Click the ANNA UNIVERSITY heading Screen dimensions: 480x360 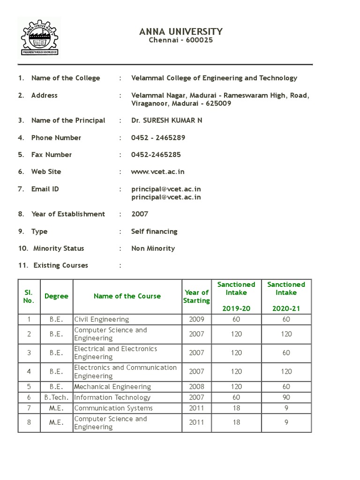(181, 31)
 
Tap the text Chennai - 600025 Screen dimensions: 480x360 (181, 40)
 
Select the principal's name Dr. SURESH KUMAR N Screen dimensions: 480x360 (167, 120)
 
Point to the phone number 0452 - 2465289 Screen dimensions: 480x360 (158, 138)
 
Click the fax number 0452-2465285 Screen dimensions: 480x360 (156, 155)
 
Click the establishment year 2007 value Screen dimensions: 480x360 (140, 214)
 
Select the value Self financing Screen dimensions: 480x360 (154, 232)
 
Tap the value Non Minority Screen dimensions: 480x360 (153, 248)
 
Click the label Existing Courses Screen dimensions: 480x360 (60, 265)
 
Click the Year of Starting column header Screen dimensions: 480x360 (196, 296)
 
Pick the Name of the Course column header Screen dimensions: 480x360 (127, 296)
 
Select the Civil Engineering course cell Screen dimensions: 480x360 (102, 319)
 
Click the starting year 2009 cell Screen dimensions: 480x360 (196, 319)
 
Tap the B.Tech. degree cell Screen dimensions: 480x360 (56, 397)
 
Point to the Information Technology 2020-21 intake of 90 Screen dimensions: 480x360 (286, 397)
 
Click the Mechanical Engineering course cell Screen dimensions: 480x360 (112, 387)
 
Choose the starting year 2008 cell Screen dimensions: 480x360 (196, 387)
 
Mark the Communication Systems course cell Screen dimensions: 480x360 (113, 408)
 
